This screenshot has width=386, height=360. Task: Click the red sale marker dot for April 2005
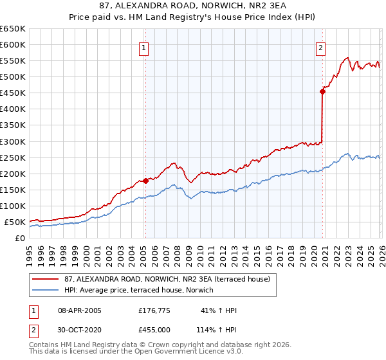pyautogui.click(x=145, y=181)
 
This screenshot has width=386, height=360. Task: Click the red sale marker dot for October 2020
pyautogui.click(x=322, y=91)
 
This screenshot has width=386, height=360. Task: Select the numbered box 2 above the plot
pyautogui.click(x=320, y=47)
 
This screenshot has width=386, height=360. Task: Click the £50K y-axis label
pyautogui.click(x=15, y=222)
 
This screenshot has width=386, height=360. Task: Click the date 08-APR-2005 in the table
pyautogui.click(x=80, y=310)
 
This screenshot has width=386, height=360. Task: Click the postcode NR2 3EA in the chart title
pyautogui.click(x=261, y=6)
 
